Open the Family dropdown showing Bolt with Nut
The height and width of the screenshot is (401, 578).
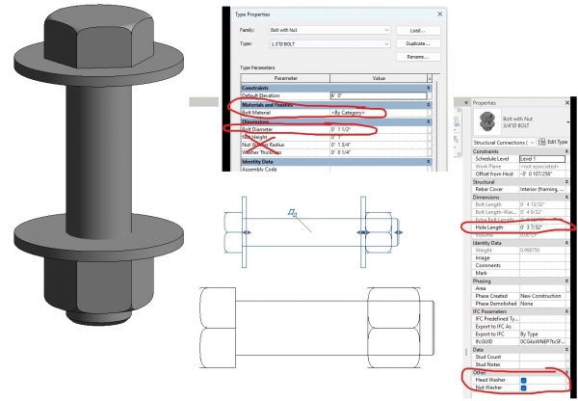(328, 30)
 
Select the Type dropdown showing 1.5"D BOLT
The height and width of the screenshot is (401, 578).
(328, 43)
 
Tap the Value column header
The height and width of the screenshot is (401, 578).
(379, 78)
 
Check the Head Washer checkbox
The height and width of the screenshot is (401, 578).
(523, 380)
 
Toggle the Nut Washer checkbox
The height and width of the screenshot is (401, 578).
(523, 388)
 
